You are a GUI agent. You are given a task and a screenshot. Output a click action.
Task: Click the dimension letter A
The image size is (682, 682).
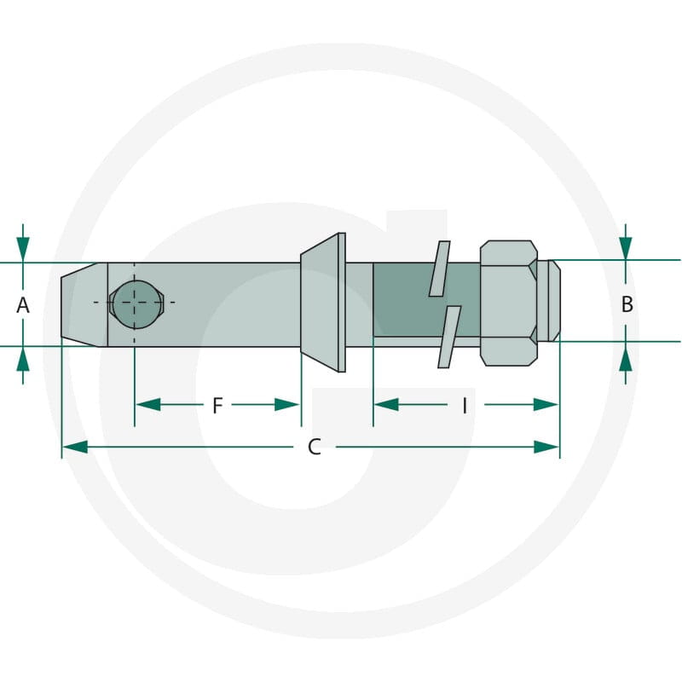point(23,305)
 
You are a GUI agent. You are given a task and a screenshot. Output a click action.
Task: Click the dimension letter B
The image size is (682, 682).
point(627,304)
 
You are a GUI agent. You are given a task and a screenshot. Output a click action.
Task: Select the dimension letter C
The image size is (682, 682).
point(314,447)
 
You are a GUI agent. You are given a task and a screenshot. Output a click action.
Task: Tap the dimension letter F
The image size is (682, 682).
point(217,406)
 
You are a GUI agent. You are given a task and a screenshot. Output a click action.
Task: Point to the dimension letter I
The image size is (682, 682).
point(465,406)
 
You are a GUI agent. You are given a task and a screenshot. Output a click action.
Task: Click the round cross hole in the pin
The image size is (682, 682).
point(136,304)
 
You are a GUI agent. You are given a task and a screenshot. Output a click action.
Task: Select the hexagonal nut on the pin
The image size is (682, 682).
point(508,303)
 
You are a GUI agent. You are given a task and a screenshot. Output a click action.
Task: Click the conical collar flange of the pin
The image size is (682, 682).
point(323,303)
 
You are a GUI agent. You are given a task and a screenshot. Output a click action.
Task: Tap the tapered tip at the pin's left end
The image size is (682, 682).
point(84,304)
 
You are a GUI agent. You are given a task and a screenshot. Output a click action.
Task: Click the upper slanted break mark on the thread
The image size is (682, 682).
point(439,269)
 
